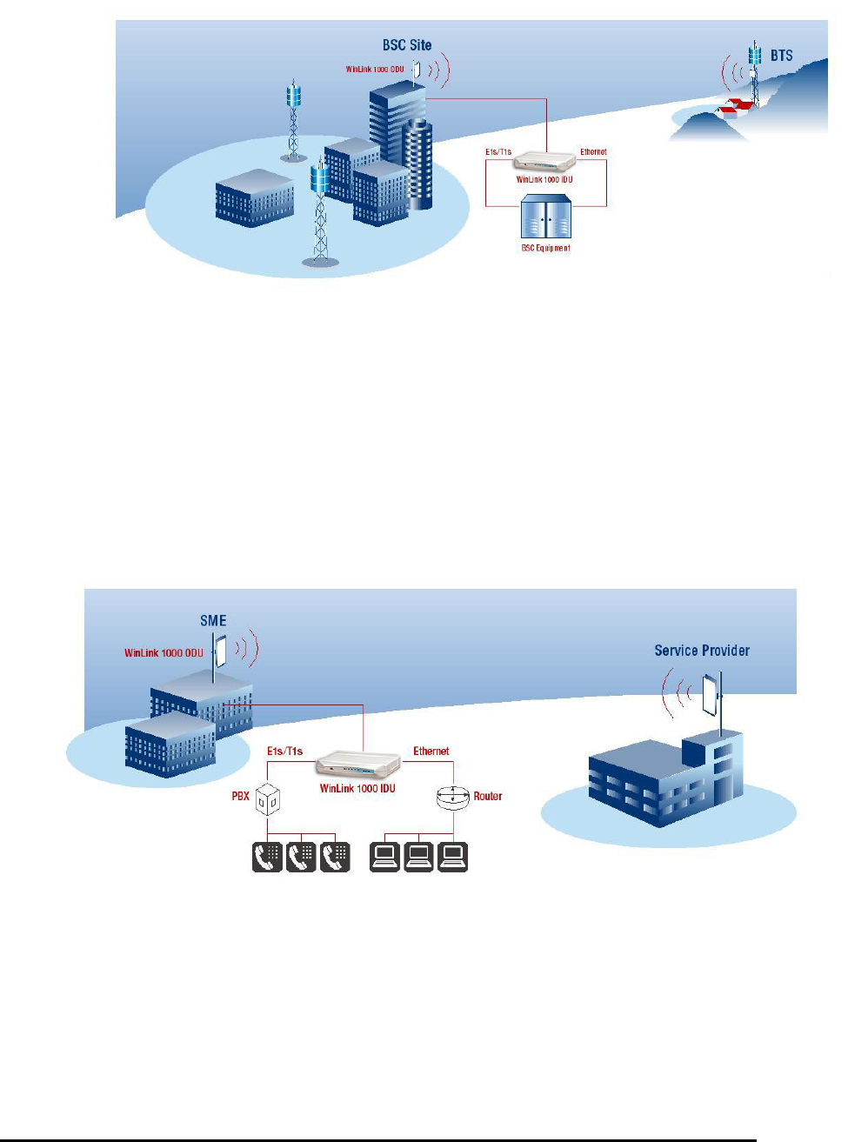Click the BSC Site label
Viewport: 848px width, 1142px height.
pos(406,45)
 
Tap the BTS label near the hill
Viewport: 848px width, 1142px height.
pos(781,56)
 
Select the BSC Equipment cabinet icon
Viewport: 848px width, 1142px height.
pos(545,217)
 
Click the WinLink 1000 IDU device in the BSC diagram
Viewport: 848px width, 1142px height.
pos(544,162)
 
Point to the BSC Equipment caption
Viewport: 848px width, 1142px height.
pos(545,248)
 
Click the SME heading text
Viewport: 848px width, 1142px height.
pos(213,621)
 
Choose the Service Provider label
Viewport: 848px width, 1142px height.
pos(702,651)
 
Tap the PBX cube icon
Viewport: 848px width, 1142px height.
pos(267,798)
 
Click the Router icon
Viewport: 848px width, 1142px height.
pos(452,797)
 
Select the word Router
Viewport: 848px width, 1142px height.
pos(488,796)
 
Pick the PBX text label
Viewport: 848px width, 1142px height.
pos(241,796)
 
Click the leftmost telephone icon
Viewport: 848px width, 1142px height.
pos(267,857)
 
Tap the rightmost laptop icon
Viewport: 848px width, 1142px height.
pos(452,857)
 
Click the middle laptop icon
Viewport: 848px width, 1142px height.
pos(418,857)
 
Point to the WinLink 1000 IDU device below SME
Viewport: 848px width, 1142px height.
pos(358,764)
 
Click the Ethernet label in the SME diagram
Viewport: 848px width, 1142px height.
pos(431,751)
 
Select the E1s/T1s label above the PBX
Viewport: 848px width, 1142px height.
pos(284,751)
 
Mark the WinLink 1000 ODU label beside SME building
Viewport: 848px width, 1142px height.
pos(164,653)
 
